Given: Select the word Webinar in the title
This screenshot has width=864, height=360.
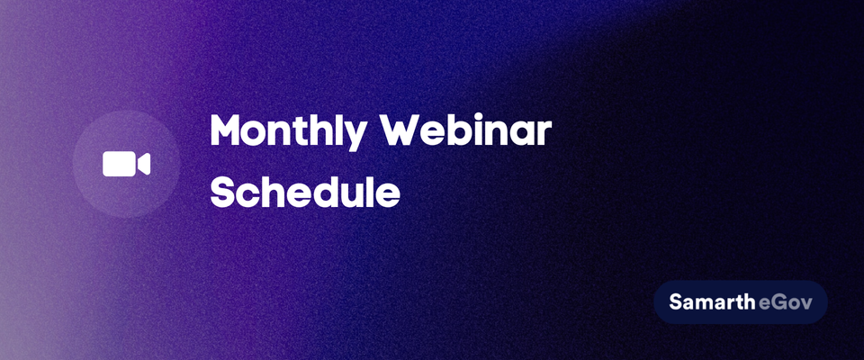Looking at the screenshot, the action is coord(468,130).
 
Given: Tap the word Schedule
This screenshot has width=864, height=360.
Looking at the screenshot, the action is coord(305,191).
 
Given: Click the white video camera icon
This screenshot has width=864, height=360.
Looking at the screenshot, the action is coord(126,165).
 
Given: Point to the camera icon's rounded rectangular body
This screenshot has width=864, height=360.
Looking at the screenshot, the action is coord(119,165).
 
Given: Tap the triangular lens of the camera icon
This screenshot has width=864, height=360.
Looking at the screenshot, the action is coord(144,165).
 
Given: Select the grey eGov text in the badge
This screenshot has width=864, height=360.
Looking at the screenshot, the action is coord(785,302).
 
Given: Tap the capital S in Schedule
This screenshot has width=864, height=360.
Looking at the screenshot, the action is coord(221,192).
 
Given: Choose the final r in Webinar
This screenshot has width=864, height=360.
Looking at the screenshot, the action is coord(544,134).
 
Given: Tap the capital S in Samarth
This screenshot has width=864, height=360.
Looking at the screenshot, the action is coord(676,301).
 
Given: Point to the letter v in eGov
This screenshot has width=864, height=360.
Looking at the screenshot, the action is coord(805,304).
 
